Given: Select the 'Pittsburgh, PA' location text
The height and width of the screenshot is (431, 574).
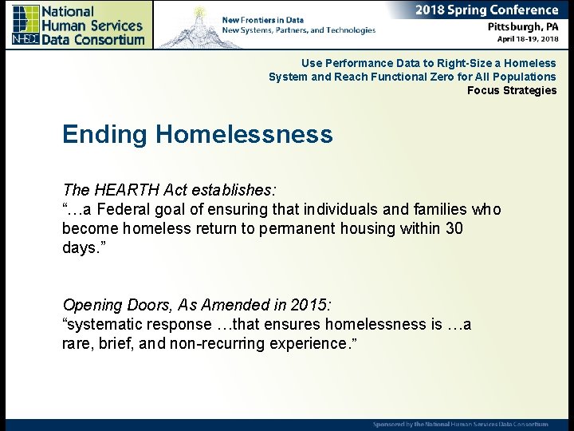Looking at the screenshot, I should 523,26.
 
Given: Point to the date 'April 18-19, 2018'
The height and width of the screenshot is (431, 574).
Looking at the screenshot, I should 527,38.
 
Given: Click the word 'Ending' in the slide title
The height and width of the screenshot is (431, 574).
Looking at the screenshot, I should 105,134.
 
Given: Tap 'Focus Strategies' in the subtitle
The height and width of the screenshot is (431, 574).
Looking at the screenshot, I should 512,90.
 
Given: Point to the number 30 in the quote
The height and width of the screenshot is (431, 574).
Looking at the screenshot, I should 454,228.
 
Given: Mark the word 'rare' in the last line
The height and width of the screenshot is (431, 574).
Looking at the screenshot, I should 77,343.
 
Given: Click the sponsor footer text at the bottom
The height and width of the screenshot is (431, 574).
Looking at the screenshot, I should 461,423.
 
